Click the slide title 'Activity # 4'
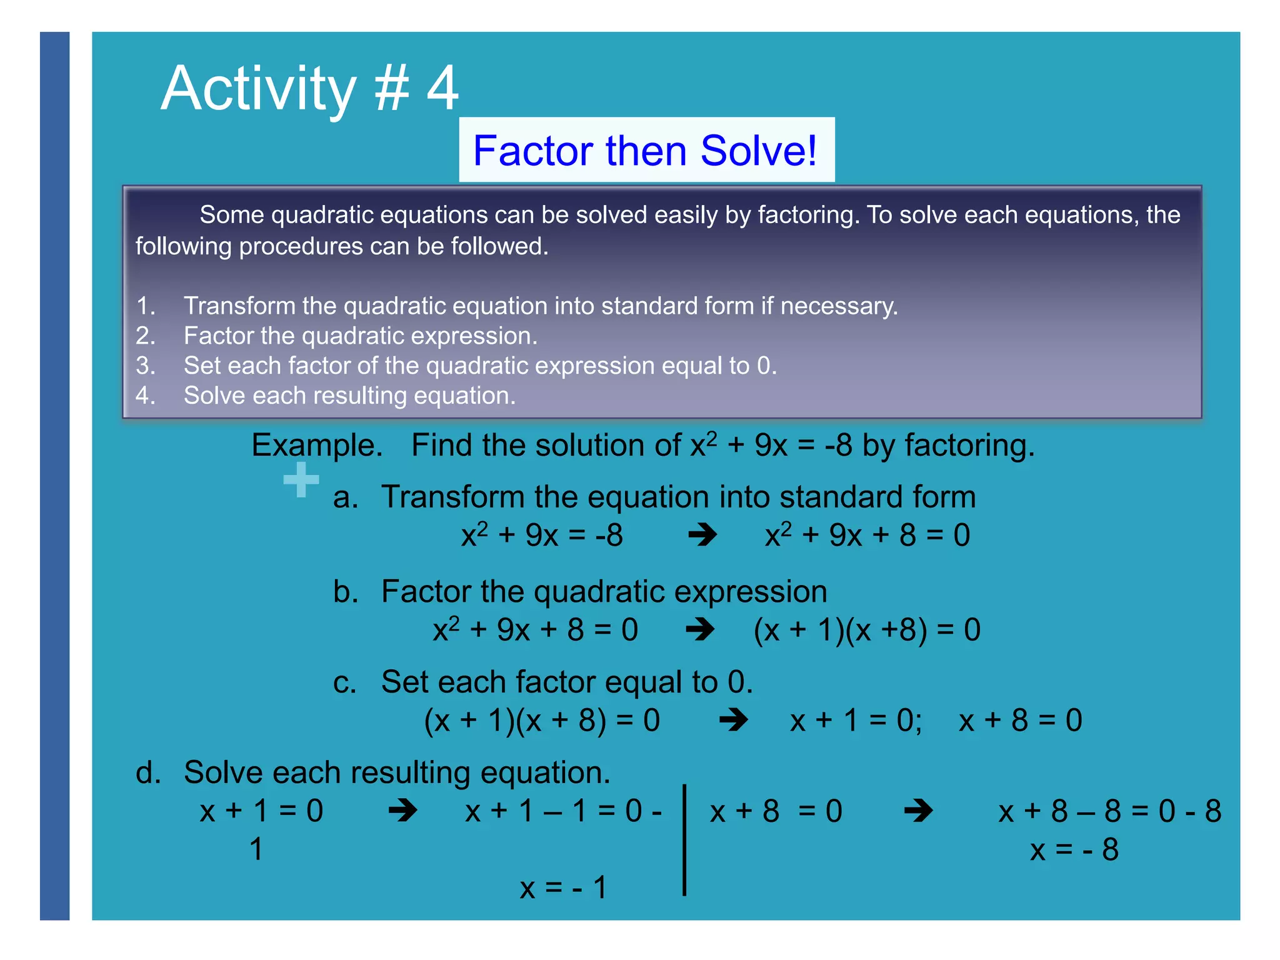pyautogui.click(x=309, y=88)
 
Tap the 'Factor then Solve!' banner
pyautogui.click(x=646, y=151)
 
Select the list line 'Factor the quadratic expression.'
pyautogui.click(x=360, y=336)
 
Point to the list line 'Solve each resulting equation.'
pyautogui.click(x=349, y=396)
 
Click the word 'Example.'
pyautogui.click(x=317, y=446)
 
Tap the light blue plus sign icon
pyautogui.click(x=301, y=480)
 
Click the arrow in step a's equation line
pyautogui.click(x=702, y=535)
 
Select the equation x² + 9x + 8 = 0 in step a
pyautogui.click(x=867, y=535)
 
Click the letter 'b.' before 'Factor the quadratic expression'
pyautogui.click(x=345, y=591)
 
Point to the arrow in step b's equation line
pyautogui.click(x=700, y=629)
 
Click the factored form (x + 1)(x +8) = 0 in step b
pyautogui.click(x=867, y=629)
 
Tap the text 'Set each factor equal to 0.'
pyautogui.click(x=567, y=682)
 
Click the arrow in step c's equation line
pyautogui.click(x=733, y=720)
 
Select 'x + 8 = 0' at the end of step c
pyautogui.click(x=1020, y=720)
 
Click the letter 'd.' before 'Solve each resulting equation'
pyautogui.click(x=148, y=773)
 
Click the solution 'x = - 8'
pyautogui.click(x=1074, y=850)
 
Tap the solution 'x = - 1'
pyautogui.click(x=562, y=887)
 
